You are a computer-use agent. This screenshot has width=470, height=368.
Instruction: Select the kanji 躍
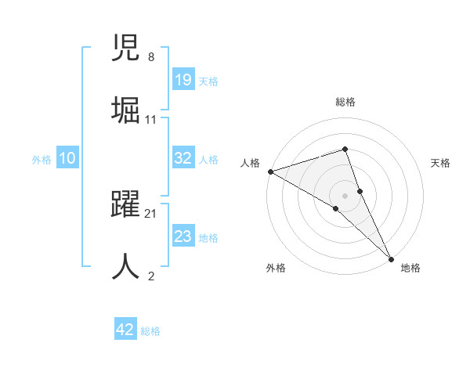pos(126,205)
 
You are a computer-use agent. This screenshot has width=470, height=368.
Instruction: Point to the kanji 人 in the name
pos(126,265)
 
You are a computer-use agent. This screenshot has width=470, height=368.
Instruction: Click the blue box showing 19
pos(183,80)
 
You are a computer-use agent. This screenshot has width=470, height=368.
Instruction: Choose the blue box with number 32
pos(183,158)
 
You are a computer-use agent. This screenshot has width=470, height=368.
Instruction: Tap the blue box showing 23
pos(183,236)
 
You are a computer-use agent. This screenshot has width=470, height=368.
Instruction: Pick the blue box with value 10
pos(67,158)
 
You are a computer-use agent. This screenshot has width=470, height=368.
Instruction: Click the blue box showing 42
pos(125,330)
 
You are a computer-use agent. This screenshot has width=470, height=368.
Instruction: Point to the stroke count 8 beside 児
pos(150,57)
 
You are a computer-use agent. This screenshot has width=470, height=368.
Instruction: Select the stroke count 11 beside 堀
pos(150,119)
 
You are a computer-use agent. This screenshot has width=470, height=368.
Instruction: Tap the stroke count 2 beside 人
pos(150,275)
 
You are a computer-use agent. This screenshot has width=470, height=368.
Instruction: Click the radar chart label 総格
pos(345,102)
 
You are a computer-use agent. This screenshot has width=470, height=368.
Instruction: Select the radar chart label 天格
pos(440,163)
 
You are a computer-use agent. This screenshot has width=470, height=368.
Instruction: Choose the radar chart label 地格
pos(410,268)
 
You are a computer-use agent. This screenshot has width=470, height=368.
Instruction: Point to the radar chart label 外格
pos(276,268)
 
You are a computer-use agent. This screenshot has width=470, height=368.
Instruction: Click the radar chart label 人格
pos(250,163)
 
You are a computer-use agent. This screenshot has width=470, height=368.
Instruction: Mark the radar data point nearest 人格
pos(270,171)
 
